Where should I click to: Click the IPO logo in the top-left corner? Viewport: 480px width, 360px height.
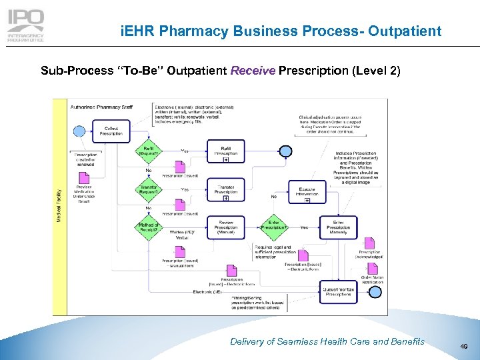point(26,26)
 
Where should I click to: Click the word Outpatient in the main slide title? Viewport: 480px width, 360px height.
point(405,31)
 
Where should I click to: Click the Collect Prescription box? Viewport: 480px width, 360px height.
point(111,130)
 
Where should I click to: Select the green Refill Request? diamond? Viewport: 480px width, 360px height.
point(148,151)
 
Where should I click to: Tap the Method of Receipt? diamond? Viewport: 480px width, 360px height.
point(148,228)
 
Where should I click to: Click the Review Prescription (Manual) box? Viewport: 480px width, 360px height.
point(226,227)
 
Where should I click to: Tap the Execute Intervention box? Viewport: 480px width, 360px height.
point(307,191)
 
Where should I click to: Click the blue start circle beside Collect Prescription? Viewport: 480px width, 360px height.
point(80,130)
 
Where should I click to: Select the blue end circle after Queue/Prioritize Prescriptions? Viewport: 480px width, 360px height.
point(375,291)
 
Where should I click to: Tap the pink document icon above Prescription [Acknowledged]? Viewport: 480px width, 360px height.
point(369,244)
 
